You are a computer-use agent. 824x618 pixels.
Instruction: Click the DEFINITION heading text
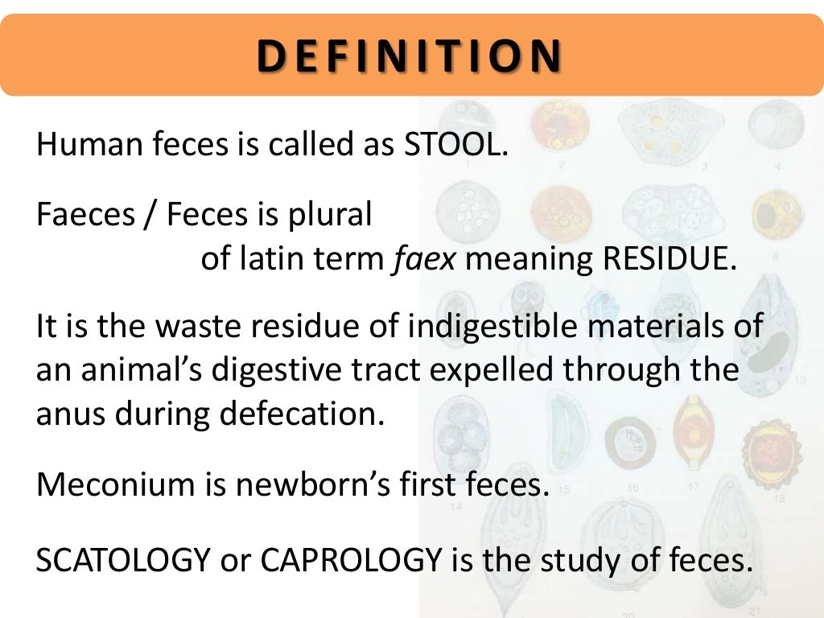click(x=410, y=56)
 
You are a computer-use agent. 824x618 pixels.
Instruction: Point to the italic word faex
click(x=423, y=260)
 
